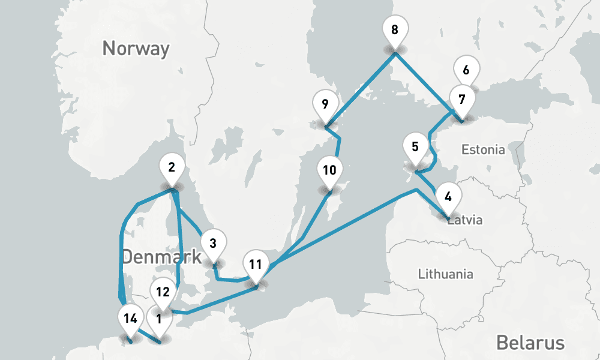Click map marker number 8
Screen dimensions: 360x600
tap(394, 31)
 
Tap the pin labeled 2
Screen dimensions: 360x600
tap(172, 168)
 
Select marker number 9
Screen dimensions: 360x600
tap(325, 105)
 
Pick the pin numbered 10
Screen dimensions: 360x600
tap(329, 170)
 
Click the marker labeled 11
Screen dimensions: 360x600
tap(256, 265)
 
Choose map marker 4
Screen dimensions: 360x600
tap(448, 196)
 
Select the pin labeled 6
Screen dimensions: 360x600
tap(466, 70)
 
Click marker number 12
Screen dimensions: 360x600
tap(163, 292)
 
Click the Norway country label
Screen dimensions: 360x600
tap(136, 48)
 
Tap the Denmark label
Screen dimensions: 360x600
tap(161, 257)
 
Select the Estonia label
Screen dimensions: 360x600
tap(483, 149)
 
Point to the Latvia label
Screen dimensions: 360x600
tap(466, 220)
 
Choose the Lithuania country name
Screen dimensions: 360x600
tap(445, 274)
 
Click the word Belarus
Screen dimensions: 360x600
tap(530, 343)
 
